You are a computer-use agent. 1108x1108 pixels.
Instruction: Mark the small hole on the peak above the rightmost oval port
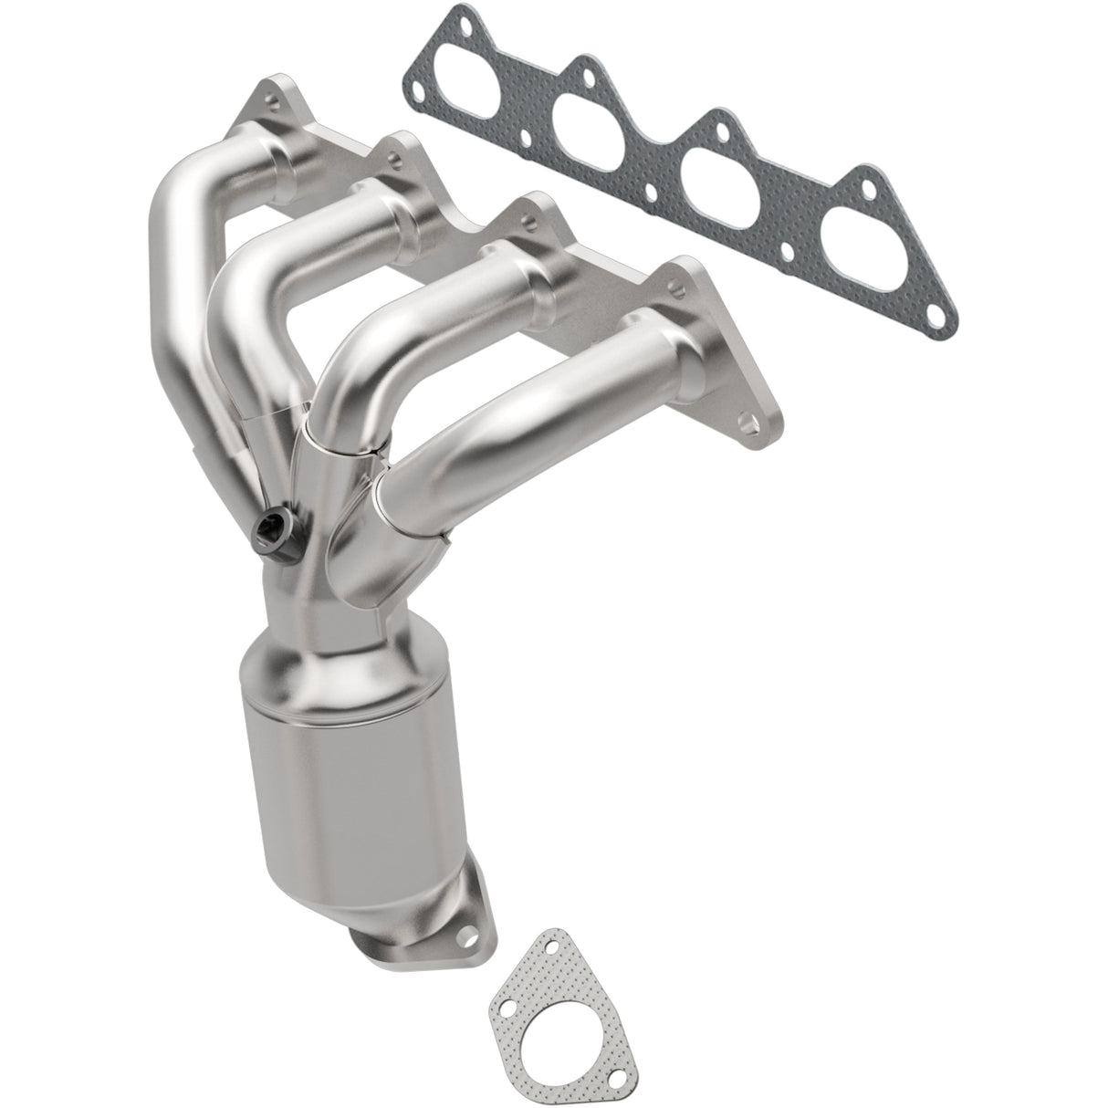coord(862,185)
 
